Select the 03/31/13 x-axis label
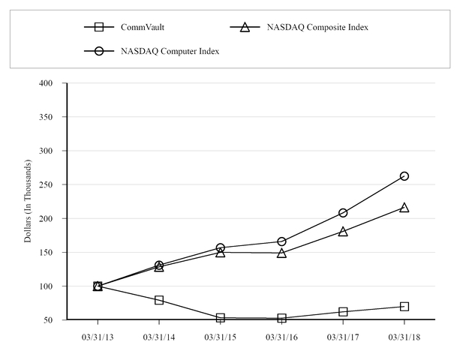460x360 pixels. click(x=98, y=337)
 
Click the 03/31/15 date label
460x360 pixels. click(x=221, y=337)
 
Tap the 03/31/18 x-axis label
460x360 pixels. click(x=404, y=337)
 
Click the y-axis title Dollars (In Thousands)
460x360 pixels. click(x=29, y=201)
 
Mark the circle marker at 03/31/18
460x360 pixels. click(x=404, y=175)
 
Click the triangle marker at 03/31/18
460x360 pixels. click(x=404, y=207)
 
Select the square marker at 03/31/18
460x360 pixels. click(x=404, y=306)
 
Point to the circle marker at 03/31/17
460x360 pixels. click(x=343, y=212)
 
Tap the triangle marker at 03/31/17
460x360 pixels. click(x=343, y=231)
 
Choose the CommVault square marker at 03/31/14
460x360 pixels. click(x=159, y=300)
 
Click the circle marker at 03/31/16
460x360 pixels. click(x=281, y=241)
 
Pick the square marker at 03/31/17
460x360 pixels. click(x=343, y=311)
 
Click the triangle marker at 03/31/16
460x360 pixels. click(x=281, y=253)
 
